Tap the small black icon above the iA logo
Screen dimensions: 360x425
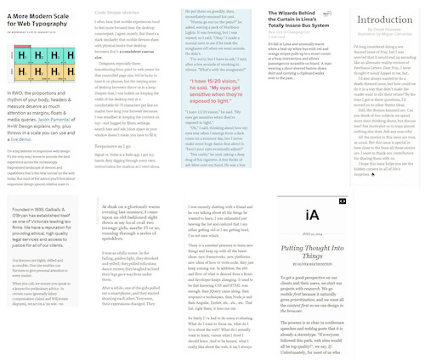coord(342,201)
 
